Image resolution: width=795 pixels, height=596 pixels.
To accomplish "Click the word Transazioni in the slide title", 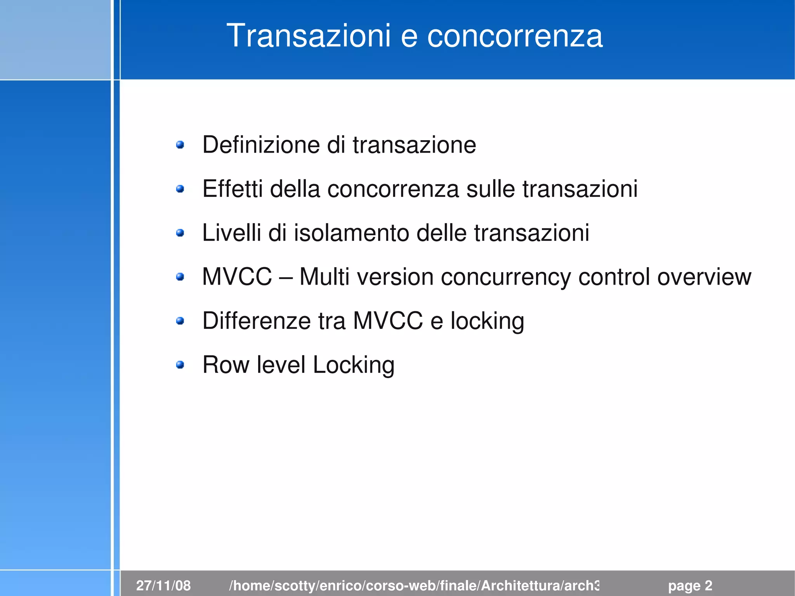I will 308,36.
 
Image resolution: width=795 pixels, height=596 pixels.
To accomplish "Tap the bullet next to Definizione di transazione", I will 180,145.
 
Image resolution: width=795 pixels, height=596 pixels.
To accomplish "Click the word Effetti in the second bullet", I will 233,189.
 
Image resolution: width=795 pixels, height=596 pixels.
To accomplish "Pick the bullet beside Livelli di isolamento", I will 180,233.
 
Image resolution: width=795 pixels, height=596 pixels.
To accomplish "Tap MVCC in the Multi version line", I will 237,277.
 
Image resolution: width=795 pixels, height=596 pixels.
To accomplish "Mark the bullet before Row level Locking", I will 180,365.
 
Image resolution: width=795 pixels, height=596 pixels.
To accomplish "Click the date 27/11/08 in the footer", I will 163,586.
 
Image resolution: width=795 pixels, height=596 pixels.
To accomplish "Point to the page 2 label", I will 690,586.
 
